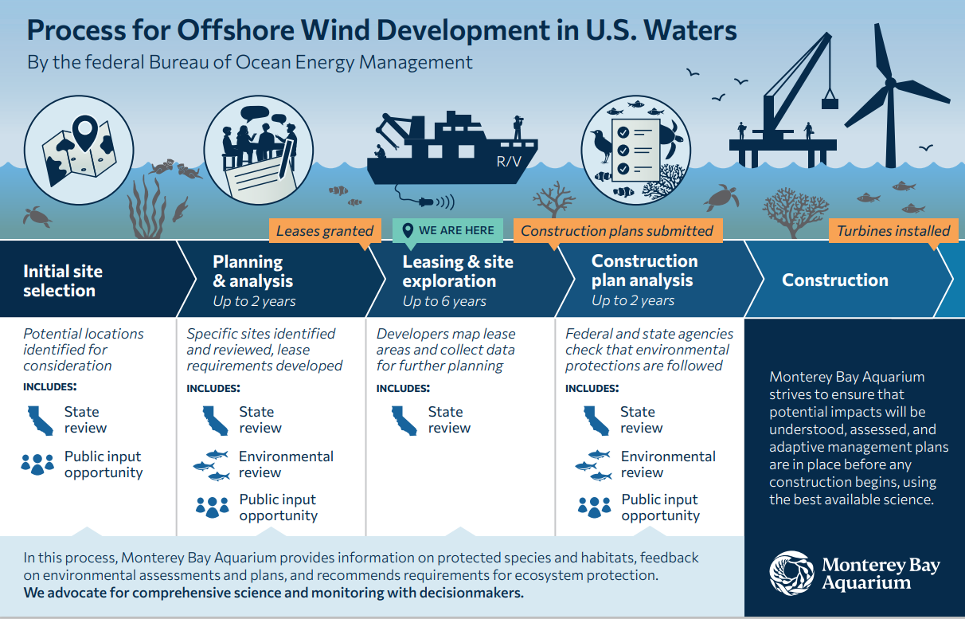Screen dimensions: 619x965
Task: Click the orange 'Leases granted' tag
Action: (324, 231)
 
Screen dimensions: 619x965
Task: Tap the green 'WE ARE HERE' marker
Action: (447, 230)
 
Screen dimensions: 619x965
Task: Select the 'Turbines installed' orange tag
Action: (893, 231)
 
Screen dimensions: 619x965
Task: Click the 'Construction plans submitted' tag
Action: (617, 231)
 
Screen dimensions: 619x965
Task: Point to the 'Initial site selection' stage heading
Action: (63, 280)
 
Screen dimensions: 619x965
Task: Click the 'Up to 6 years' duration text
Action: (444, 301)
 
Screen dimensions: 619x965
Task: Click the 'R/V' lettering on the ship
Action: (509, 162)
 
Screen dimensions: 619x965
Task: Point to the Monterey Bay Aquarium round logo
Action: (791, 573)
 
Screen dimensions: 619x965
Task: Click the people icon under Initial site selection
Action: (37, 464)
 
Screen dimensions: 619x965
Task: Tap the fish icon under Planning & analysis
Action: (211, 464)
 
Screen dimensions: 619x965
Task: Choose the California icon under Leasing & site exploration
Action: (404, 420)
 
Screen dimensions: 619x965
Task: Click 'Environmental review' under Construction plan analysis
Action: (668, 464)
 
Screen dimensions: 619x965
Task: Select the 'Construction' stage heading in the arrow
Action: (835, 280)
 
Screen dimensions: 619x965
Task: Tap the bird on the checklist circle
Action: (600, 145)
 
